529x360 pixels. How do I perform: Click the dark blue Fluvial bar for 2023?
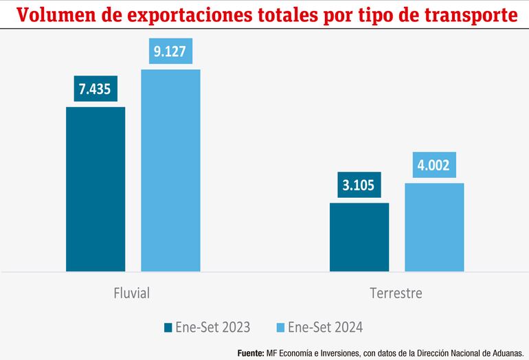95,189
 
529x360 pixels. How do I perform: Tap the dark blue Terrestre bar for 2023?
359,237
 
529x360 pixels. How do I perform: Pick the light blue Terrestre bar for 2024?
434,227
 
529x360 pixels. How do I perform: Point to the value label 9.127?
170,52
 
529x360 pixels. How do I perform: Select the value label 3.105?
359,185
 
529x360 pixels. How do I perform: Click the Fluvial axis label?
131,293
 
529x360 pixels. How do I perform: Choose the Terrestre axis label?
396,293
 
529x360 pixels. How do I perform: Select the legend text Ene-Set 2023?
212,326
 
